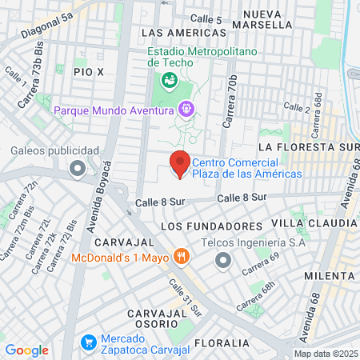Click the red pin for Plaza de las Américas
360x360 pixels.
pyautogui.click(x=179, y=163)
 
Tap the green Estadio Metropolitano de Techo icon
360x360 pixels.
pyautogui.click(x=169, y=80)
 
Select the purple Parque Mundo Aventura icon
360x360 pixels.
pyautogui.click(x=186, y=107)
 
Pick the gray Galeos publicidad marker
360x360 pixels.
pyautogui.click(x=78, y=168)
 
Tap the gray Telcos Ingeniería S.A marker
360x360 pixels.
pyautogui.click(x=222, y=259)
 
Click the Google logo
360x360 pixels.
pyautogui.click(x=26, y=350)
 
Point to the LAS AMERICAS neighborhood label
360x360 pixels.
pyautogui.click(x=183, y=33)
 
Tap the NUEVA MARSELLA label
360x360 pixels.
pyautogui.click(x=268, y=19)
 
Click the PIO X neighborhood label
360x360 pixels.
pyautogui.click(x=89, y=72)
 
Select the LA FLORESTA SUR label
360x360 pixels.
pyautogui.click(x=306, y=148)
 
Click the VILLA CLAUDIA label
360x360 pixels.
pyautogui.click(x=314, y=222)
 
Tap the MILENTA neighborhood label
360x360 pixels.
pyautogui.click(x=329, y=274)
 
